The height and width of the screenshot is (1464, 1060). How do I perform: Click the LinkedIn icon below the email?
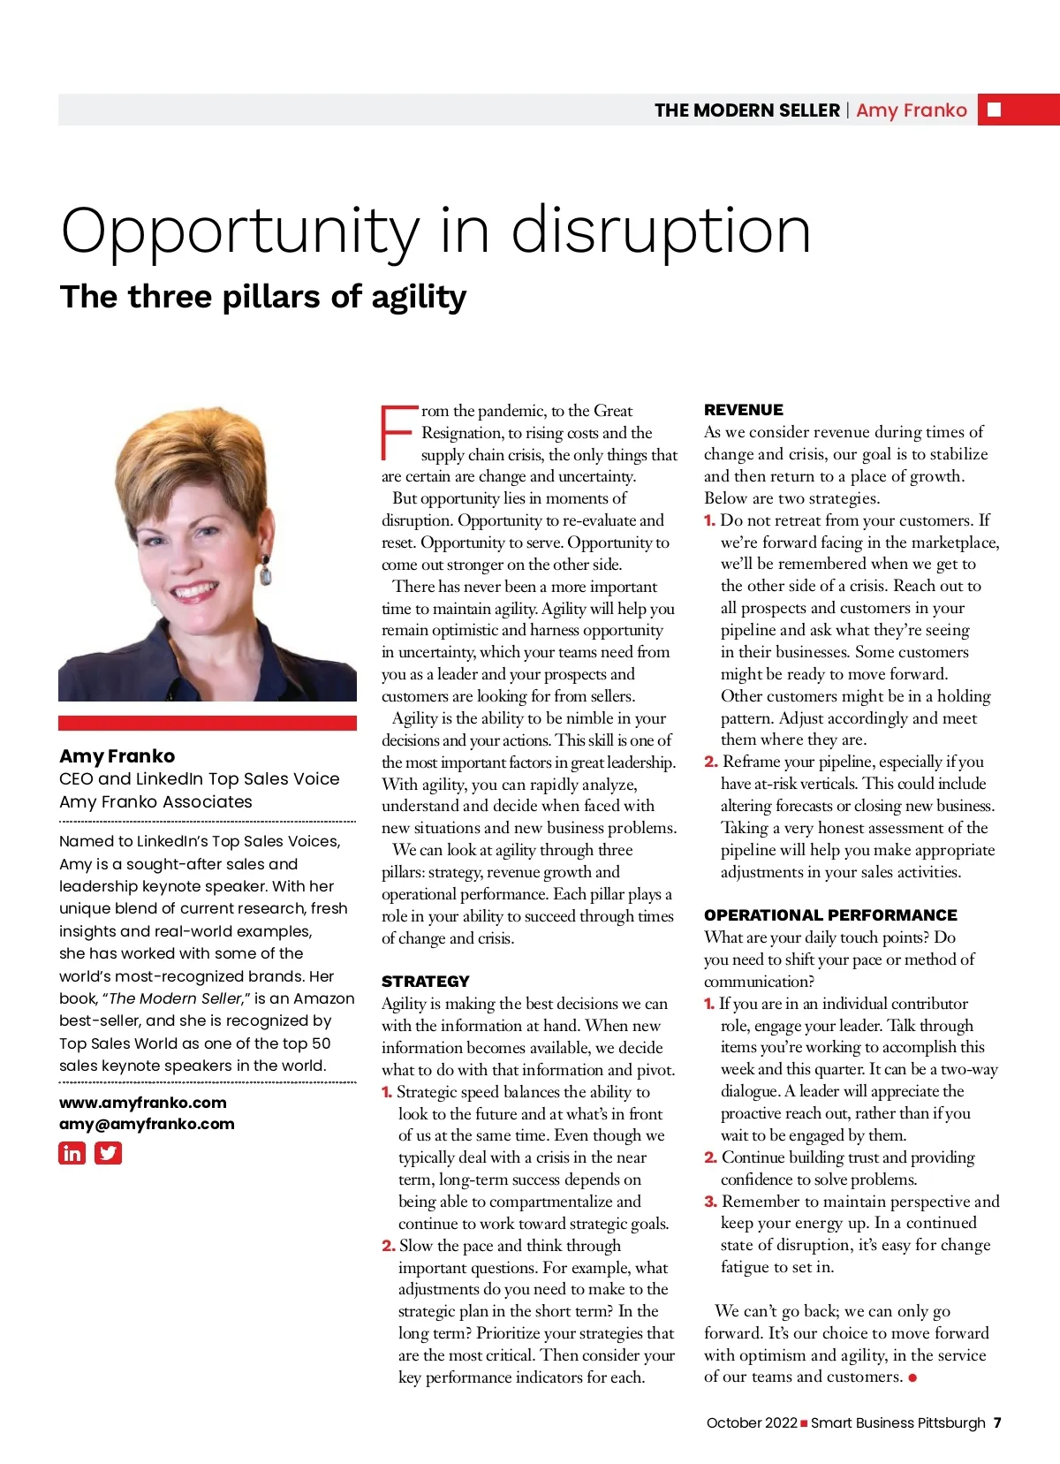coord(72,1153)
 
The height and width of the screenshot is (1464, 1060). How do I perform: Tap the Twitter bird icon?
coord(108,1153)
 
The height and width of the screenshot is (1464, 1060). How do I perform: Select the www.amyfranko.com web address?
coord(143,1103)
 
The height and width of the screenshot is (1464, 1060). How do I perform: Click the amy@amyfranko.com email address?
coord(147,1124)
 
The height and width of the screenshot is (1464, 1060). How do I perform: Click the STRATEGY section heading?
coord(426,982)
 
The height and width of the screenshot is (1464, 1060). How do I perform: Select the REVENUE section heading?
coord(744,410)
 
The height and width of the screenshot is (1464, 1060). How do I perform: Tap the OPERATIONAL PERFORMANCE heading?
coord(830,915)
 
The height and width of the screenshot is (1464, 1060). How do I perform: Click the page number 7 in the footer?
coord(997,1422)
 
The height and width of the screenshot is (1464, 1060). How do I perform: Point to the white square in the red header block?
coord(995,110)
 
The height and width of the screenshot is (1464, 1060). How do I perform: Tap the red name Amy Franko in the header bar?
coord(912,110)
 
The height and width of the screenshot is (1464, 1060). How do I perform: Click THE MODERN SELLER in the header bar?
coord(747,110)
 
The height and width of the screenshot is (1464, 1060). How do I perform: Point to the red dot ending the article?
coord(912,1377)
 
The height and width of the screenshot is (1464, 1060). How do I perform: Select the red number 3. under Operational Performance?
coord(710,1202)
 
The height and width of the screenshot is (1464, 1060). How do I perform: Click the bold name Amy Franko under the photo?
coord(117,756)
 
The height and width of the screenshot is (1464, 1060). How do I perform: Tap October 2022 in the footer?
coord(752,1422)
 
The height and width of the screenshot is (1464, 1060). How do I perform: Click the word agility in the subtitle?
coord(419,299)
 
